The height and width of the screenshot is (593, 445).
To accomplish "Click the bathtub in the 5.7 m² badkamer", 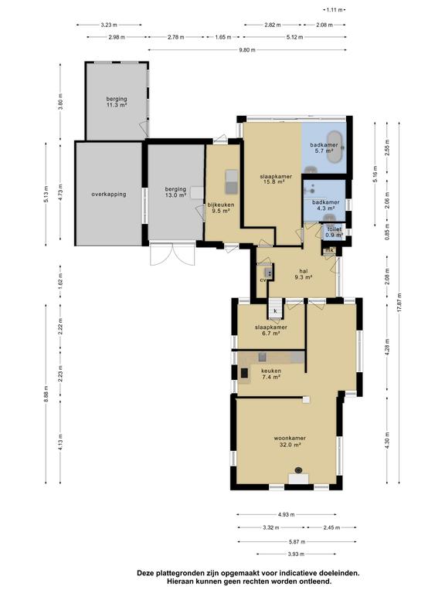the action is click(335, 147).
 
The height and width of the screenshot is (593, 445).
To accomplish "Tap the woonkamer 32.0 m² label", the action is click(290, 442).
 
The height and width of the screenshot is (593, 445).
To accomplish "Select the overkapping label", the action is click(109, 194).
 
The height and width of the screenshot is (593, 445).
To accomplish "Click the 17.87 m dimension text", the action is click(399, 302).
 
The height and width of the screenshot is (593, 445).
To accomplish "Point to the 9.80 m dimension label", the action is click(247, 50).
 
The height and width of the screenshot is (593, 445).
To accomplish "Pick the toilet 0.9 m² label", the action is click(334, 232).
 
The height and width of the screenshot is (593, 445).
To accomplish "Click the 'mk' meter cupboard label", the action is click(329, 250).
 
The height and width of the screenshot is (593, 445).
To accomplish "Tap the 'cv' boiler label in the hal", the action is click(263, 280).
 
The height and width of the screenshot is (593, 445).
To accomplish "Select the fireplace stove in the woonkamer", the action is click(298, 470).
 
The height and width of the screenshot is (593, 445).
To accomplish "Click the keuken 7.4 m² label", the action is click(270, 374).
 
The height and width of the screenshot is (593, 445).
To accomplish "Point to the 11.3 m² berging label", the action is click(116, 102).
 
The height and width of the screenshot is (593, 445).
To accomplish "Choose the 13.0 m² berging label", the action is click(175, 192).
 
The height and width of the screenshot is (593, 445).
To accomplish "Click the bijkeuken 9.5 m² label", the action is click(221, 208).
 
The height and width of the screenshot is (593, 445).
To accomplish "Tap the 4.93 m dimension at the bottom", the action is click(286, 514).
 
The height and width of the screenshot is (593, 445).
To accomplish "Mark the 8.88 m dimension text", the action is click(46, 395).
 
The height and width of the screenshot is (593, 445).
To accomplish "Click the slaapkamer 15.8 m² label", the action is click(276, 179).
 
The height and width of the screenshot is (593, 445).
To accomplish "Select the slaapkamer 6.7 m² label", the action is click(271, 330).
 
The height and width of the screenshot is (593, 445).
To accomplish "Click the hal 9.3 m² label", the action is click(303, 274).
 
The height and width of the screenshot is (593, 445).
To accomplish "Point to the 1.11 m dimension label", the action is click(335, 10).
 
